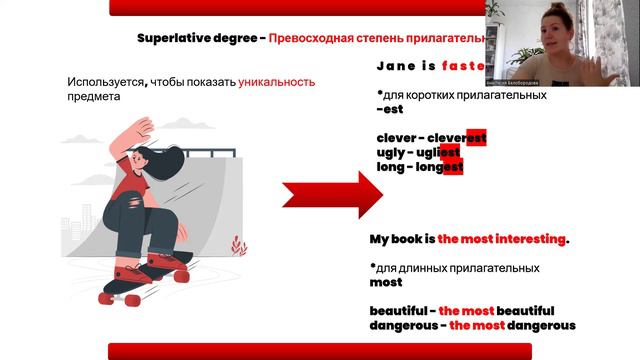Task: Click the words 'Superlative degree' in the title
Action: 197,39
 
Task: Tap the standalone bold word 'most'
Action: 385,283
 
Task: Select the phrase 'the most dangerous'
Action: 512,325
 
